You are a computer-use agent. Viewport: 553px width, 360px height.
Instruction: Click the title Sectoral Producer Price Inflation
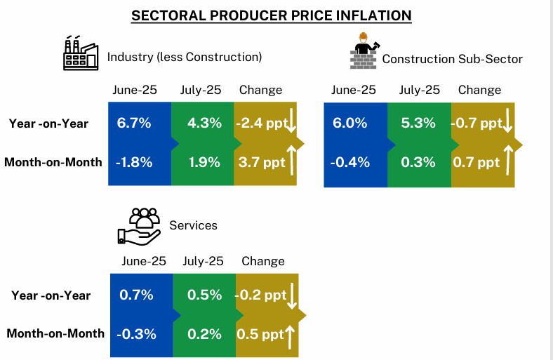271,15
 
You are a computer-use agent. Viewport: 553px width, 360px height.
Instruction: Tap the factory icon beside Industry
81,54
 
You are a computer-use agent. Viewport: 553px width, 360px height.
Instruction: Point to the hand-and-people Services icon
140,226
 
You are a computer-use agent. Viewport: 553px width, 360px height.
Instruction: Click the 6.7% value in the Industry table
134,124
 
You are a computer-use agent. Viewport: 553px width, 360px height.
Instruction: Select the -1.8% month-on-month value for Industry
134,162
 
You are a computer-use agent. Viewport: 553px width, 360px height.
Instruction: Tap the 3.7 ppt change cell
261,162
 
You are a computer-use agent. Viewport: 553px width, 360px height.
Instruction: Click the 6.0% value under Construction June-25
350,124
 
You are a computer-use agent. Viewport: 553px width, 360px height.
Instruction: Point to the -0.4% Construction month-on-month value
349,162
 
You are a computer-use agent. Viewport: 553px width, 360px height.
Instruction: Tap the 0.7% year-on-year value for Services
136,295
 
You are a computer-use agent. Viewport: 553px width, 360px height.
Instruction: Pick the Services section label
194,225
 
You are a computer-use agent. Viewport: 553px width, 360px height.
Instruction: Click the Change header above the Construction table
479,90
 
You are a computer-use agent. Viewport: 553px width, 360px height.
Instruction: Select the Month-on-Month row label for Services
55,333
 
